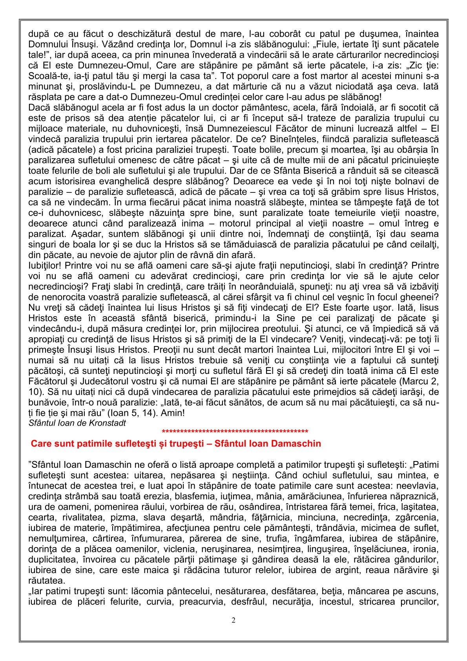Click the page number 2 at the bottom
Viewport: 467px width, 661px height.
tap(233, 621)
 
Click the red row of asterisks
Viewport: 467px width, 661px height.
tap(235, 432)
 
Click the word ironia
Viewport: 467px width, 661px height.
tap(425, 547)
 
